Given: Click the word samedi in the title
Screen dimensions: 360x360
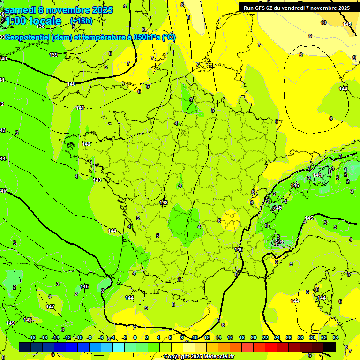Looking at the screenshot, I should (21, 10).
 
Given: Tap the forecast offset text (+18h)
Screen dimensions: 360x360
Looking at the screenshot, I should (81, 21).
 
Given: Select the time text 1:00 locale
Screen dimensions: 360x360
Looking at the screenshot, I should (33, 21).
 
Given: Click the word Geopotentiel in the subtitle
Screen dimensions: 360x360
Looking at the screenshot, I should (29, 37).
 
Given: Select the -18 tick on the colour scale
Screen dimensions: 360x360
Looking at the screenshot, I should (32, 337).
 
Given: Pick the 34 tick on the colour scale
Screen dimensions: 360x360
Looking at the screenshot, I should (335, 337).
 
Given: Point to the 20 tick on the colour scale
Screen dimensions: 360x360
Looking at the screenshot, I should (254, 337).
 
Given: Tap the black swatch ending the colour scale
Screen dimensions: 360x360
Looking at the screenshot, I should (329, 347).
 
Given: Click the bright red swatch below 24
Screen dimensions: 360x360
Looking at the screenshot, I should (271, 347).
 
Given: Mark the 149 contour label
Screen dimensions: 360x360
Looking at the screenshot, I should (10, 323).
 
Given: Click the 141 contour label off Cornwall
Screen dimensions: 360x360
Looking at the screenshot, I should (80, 108).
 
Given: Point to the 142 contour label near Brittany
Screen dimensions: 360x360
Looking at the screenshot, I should (86, 144).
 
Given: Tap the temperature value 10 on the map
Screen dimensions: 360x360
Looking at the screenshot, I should (323, 22).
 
